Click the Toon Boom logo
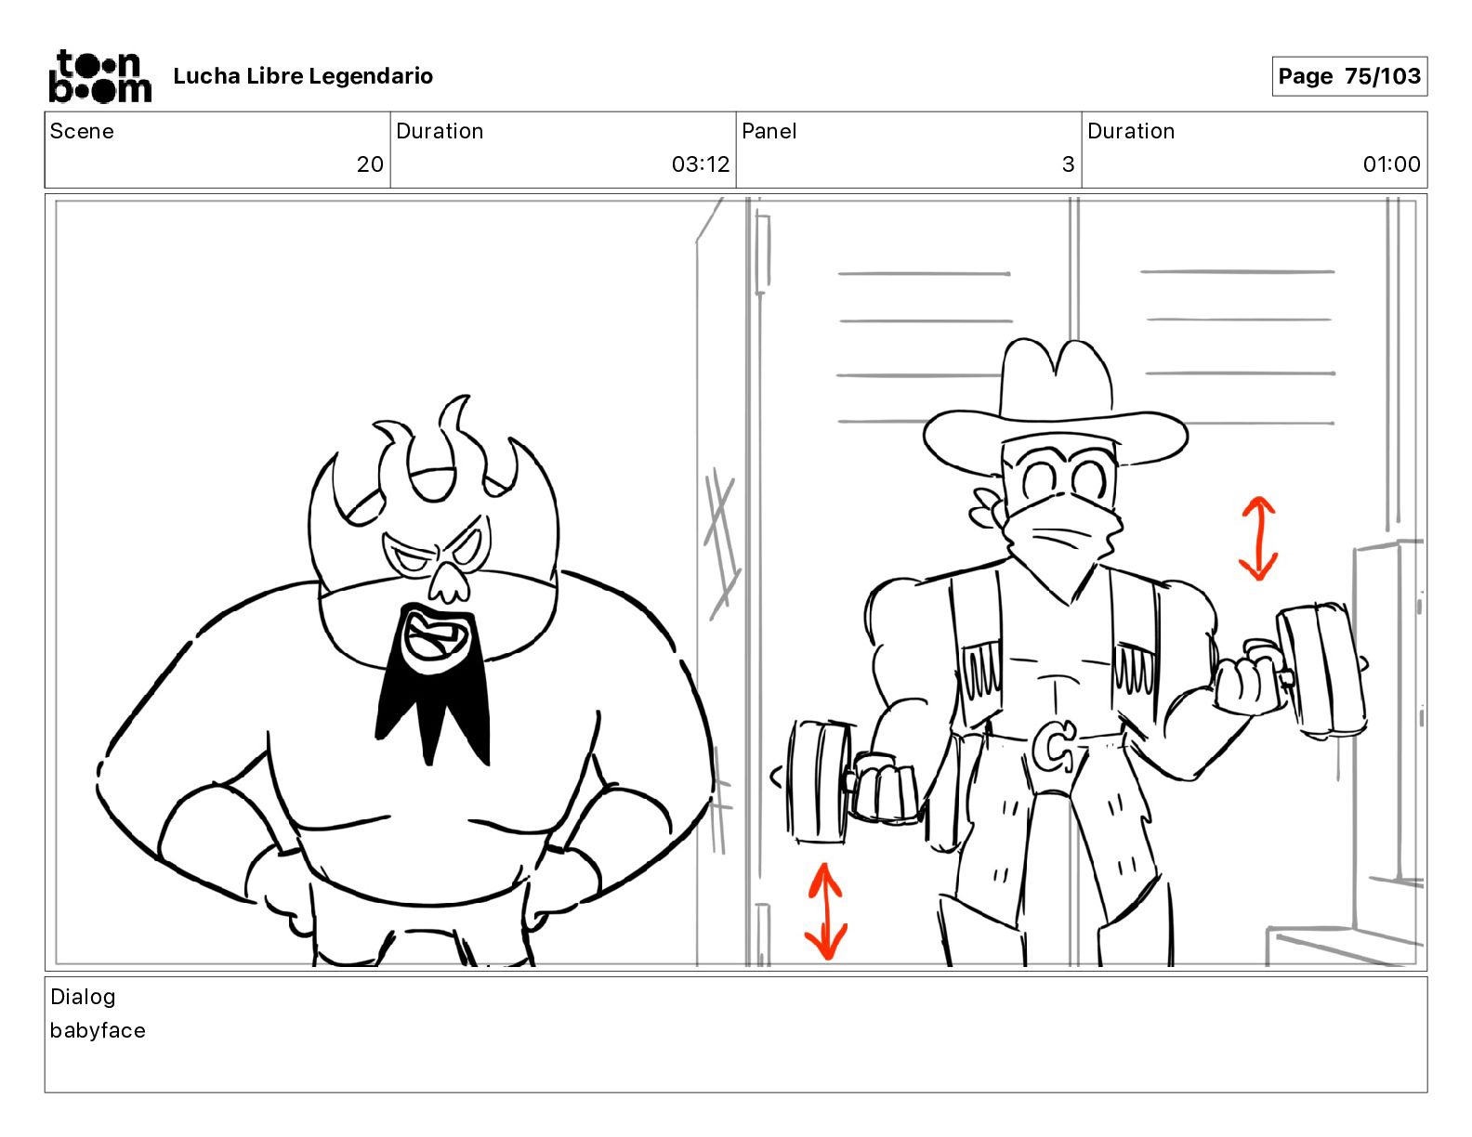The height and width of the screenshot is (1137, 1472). pos(100,76)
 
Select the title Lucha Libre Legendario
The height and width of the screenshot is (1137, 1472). pos(303,76)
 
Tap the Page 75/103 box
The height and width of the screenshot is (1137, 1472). pos(1349,76)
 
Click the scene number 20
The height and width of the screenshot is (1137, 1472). pos(370,163)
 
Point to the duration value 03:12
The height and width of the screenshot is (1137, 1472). pos(701,163)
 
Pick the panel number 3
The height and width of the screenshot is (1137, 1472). pos(1069,163)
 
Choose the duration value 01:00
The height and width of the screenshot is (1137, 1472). pos(1391,163)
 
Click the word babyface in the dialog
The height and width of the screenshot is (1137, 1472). pos(98,1030)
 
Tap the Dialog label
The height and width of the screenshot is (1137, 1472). pos(83,997)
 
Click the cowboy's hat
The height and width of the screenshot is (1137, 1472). pos(1055,406)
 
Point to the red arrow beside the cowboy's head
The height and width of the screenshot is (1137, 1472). pos(1258,539)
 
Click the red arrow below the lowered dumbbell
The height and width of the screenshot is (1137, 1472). pos(826,911)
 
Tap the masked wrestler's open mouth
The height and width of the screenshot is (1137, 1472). pos(433,638)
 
